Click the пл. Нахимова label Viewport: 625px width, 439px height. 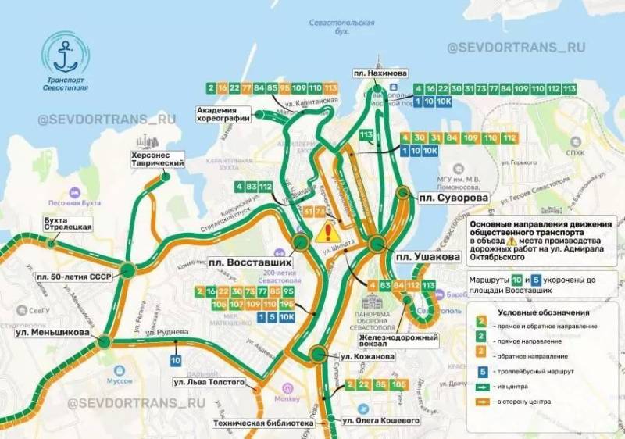[381, 73]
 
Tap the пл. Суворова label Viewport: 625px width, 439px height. [451, 198]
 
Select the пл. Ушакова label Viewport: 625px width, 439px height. [424, 257]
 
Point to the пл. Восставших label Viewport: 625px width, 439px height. [247, 262]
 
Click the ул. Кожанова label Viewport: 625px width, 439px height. [366, 356]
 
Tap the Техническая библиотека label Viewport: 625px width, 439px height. [263, 423]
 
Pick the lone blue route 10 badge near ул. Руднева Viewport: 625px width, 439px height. [175, 360]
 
